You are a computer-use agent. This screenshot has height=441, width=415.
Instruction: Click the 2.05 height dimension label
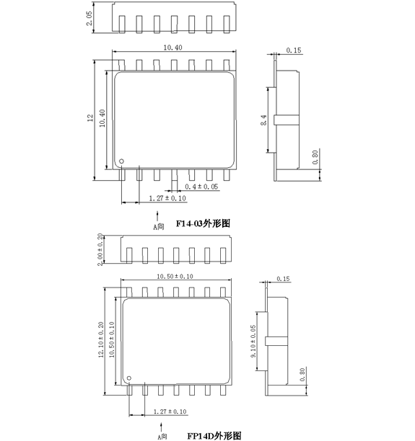click(89, 18)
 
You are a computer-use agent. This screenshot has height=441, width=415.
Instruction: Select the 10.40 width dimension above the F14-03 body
click(173, 48)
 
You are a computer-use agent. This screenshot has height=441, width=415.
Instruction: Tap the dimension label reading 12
click(90, 117)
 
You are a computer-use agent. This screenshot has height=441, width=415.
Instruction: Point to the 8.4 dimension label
click(263, 120)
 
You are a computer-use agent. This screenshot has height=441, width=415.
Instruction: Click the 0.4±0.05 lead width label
click(201, 187)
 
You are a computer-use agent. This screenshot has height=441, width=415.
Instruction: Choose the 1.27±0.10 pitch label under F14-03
click(167, 198)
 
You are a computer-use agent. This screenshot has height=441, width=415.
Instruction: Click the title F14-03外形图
click(203, 223)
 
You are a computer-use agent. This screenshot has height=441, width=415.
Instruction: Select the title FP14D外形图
click(214, 436)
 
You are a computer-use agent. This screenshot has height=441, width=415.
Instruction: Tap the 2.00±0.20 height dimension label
click(100, 249)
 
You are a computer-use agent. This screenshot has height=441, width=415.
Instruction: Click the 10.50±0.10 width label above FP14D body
click(175, 276)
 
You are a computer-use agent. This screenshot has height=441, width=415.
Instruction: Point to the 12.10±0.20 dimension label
click(101, 339)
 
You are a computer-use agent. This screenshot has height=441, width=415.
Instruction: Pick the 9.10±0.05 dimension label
click(253, 341)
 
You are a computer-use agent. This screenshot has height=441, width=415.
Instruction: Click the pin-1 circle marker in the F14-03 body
click(121, 161)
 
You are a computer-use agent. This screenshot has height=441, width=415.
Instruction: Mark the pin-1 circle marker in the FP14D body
click(129, 378)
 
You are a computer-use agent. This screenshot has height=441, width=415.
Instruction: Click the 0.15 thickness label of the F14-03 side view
click(294, 50)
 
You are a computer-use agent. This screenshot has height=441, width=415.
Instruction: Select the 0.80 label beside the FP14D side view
click(302, 374)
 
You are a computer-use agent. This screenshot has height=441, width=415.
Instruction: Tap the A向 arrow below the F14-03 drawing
click(157, 216)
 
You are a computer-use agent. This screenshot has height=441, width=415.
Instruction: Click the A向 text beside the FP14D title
click(162, 437)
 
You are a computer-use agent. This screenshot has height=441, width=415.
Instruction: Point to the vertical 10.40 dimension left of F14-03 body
click(102, 118)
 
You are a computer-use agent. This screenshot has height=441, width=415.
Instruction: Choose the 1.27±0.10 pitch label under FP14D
click(170, 411)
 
